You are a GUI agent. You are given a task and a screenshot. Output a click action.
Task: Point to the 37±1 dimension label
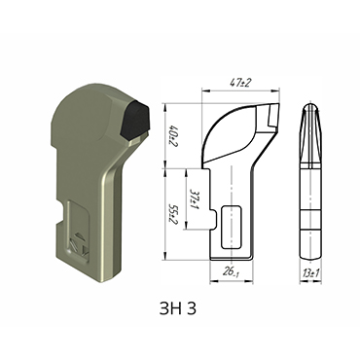point(196,191)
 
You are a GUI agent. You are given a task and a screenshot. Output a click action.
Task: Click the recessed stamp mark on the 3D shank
point(78,243)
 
